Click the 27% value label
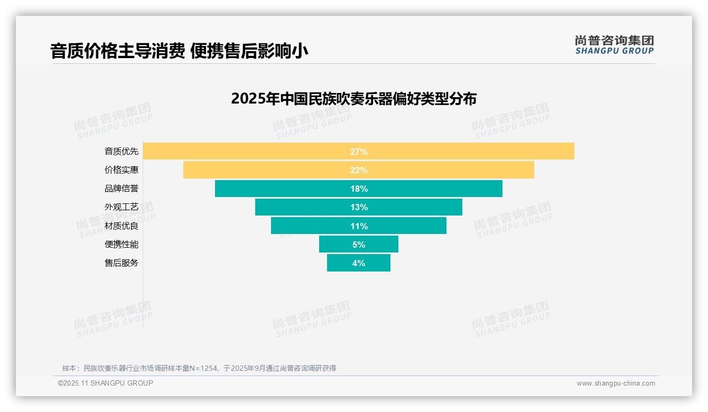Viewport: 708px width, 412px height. [359, 152]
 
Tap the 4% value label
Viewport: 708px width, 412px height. [359, 263]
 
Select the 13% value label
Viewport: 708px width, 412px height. [359, 207]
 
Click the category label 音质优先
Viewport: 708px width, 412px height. [122, 152]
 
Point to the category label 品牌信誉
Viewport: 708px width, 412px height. [122, 189]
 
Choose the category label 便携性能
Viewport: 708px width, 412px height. [122, 245]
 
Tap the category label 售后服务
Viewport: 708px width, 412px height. [122, 263]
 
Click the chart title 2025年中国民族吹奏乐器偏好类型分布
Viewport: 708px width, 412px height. [353, 99]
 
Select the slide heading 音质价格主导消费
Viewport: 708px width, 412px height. [117, 51]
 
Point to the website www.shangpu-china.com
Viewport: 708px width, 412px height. [616, 383]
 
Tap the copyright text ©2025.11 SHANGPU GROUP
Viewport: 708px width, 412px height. [106, 383]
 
